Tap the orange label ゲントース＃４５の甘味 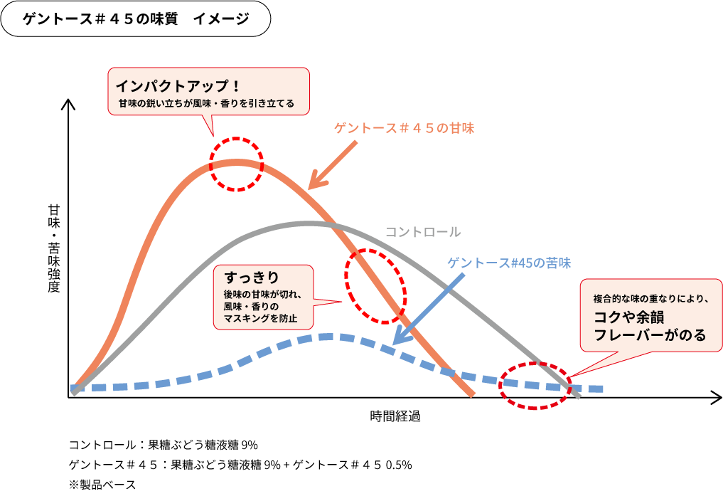tap(404, 129)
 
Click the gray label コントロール tap(423, 232)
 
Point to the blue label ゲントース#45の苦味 tap(508, 263)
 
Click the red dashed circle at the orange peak tap(237, 164)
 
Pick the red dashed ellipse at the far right tap(535, 385)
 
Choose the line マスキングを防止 tap(260, 318)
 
